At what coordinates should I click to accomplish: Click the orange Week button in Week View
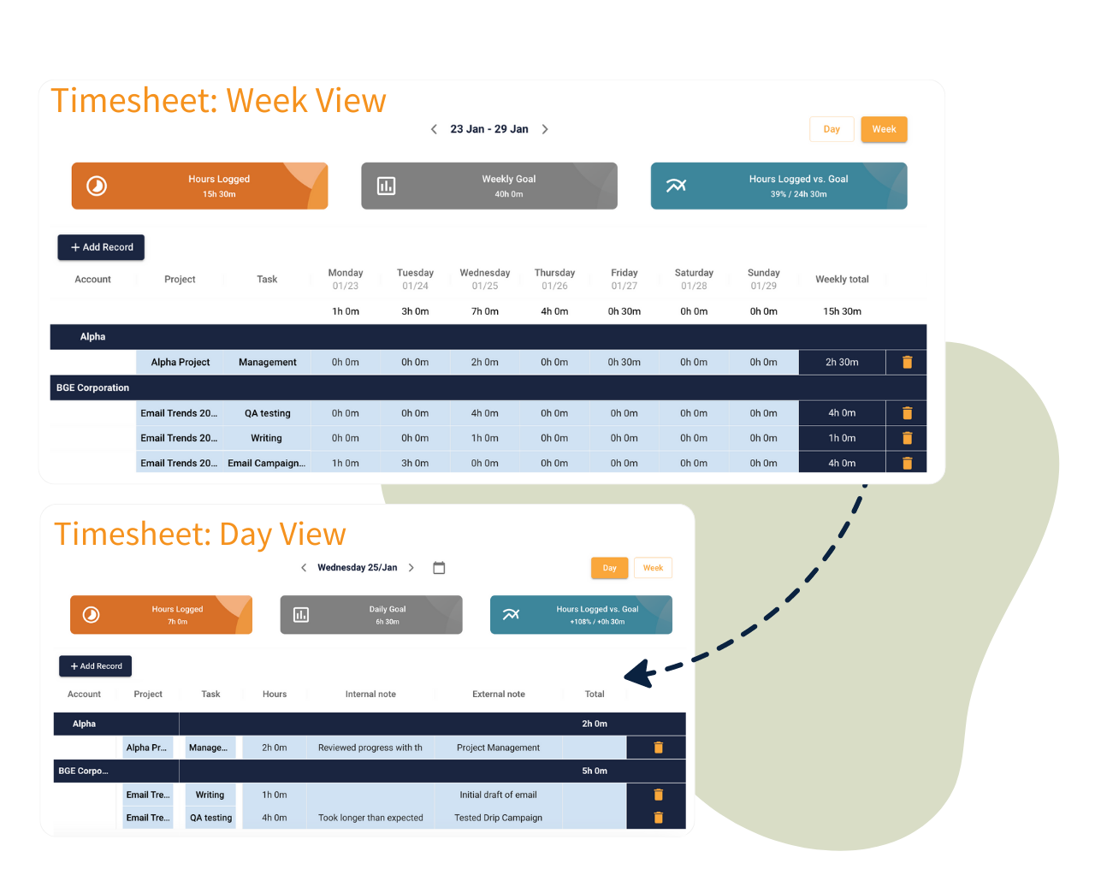click(x=884, y=129)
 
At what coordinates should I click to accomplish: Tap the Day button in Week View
click(x=832, y=129)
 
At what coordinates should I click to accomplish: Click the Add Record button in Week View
click(x=101, y=247)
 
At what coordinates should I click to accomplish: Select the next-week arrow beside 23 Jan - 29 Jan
click(x=545, y=129)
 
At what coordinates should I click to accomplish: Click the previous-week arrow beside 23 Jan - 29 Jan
click(x=434, y=129)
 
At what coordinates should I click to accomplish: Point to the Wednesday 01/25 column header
click(x=484, y=280)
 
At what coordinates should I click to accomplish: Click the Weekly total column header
click(x=842, y=280)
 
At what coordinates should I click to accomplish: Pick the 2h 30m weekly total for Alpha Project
click(x=842, y=362)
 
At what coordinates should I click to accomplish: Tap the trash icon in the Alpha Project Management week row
click(x=907, y=362)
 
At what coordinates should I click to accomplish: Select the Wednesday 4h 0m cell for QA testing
click(x=484, y=413)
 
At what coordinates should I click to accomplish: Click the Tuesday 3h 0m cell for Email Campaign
click(x=415, y=463)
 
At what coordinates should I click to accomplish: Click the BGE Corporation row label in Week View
click(x=92, y=387)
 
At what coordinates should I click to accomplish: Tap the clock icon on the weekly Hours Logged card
click(x=96, y=186)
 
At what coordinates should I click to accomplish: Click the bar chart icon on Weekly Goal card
click(x=386, y=186)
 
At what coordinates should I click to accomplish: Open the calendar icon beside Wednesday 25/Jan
click(x=439, y=568)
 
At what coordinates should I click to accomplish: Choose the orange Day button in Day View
click(x=609, y=568)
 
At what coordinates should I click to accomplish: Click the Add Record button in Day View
click(x=95, y=666)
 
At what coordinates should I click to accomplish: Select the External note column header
click(x=498, y=694)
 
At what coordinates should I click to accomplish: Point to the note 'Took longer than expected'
click(x=370, y=818)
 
